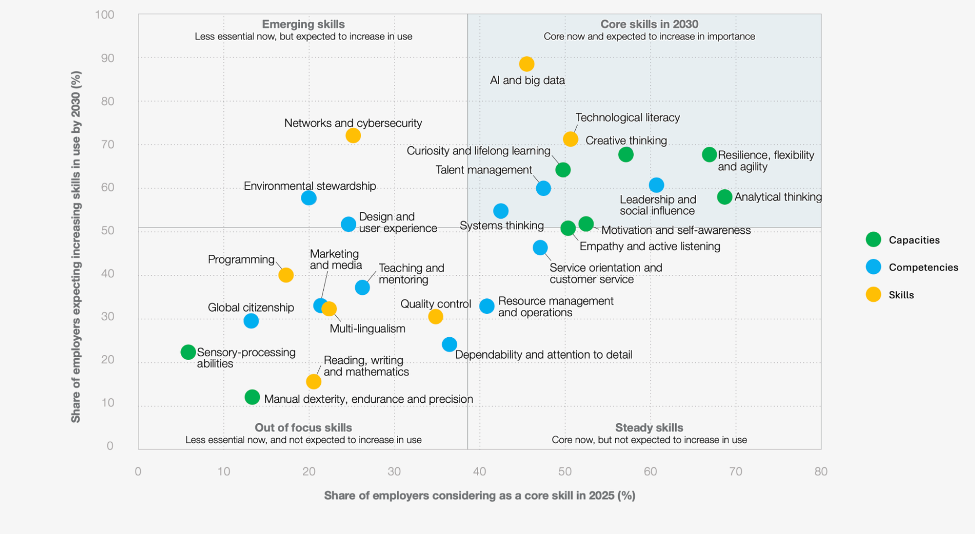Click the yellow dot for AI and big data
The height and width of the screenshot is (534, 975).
click(x=526, y=64)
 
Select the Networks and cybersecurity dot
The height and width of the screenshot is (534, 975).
click(x=353, y=136)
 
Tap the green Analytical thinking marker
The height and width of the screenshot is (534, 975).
click(x=724, y=197)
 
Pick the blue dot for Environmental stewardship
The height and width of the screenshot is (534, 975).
click(x=309, y=198)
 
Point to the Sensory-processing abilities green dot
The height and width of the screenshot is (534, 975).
click(x=188, y=352)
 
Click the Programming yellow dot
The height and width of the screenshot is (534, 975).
click(x=286, y=275)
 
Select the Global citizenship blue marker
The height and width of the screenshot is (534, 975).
click(x=251, y=321)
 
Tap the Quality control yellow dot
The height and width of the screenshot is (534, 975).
click(x=435, y=317)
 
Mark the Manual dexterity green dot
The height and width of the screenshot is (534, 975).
click(x=252, y=397)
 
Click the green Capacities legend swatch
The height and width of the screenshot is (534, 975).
click(x=873, y=240)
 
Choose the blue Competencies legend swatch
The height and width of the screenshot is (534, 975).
click(x=873, y=267)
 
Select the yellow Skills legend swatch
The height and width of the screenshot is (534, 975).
click(x=873, y=294)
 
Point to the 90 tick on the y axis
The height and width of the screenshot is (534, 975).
click(x=108, y=58)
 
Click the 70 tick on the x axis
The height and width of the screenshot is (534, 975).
click(x=736, y=472)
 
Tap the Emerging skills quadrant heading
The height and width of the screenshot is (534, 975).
click(x=303, y=24)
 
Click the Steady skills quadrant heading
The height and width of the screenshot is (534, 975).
click(x=649, y=428)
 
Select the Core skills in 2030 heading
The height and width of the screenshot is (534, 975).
click(x=649, y=24)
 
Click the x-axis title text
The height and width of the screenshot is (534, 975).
click(x=480, y=495)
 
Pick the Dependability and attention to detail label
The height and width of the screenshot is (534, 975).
click(x=544, y=355)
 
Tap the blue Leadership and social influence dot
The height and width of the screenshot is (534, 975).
click(x=656, y=185)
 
